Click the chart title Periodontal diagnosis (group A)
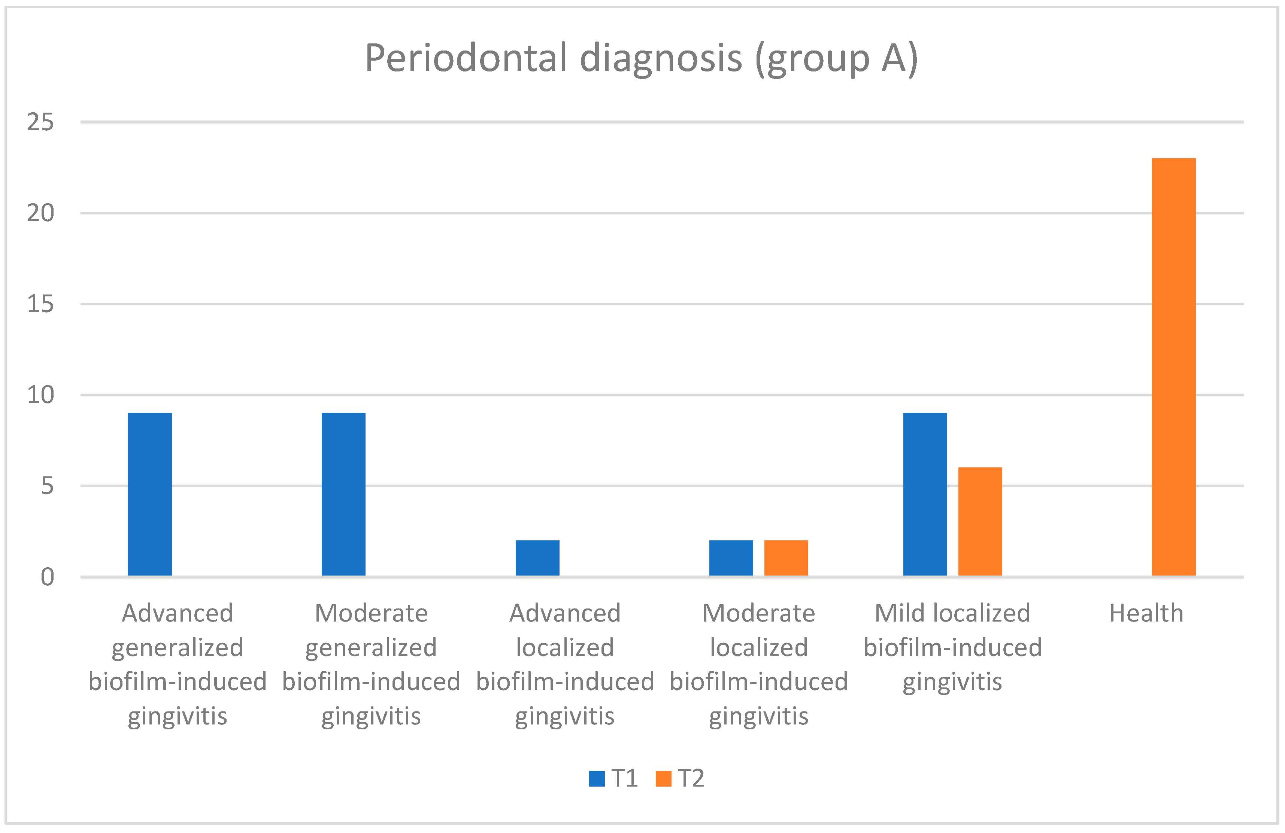coord(642,58)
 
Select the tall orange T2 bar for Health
coord(1174,367)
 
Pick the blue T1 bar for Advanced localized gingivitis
coord(537,558)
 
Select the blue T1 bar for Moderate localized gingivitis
coord(731,558)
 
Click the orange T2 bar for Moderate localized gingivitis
coord(786,558)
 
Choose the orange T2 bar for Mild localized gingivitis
coord(980,522)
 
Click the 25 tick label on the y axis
coord(40,122)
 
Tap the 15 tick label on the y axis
coord(40,304)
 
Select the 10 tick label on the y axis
coord(40,396)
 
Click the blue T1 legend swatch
coord(597,778)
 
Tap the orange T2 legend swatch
coord(663,778)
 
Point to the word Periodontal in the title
coord(466,58)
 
